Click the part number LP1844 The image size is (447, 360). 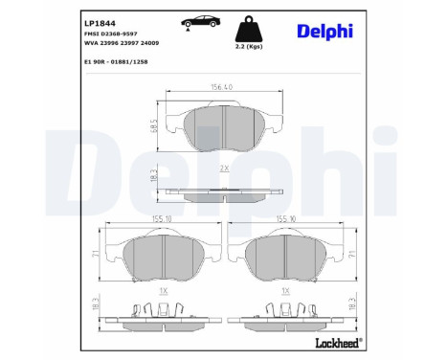pyautogui.click(x=100, y=23)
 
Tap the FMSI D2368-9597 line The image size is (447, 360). pyautogui.click(x=111, y=34)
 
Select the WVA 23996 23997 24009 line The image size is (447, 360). pyautogui.click(x=122, y=43)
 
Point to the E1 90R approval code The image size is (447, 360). pyautogui.click(x=116, y=62)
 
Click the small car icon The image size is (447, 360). pyautogui.click(x=201, y=23)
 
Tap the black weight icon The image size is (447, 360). pyautogui.click(x=249, y=29)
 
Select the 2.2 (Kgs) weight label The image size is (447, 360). pyautogui.click(x=249, y=47)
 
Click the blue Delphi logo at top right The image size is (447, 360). pyautogui.click(x=324, y=32)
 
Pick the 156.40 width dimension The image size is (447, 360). pyautogui.click(x=221, y=87)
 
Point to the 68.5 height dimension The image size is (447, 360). pyautogui.click(x=154, y=125)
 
